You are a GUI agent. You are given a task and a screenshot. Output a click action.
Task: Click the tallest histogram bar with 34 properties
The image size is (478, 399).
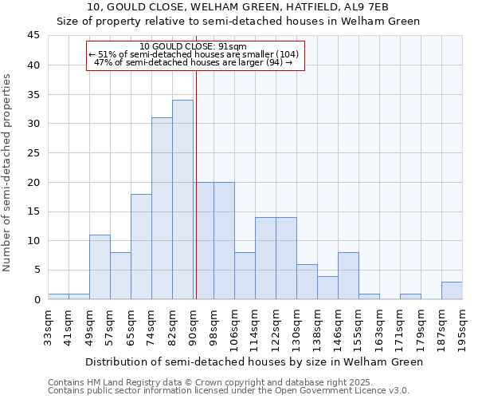(182, 199)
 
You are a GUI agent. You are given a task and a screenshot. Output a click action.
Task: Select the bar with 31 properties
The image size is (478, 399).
(162, 208)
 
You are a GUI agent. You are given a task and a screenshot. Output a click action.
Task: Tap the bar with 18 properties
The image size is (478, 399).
(141, 247)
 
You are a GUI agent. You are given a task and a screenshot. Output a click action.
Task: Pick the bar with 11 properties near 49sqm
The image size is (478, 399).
(100, 267)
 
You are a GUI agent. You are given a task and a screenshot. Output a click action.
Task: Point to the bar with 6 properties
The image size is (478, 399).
(307, 282)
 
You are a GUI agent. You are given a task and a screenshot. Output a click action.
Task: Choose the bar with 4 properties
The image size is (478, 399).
(327, 287)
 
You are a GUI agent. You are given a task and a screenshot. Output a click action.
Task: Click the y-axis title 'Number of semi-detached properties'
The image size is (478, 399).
(7, 172)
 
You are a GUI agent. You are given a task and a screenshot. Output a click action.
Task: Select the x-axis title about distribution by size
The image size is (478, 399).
(253, 362)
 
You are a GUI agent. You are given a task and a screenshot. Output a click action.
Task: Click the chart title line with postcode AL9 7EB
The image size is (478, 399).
(237, 7)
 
